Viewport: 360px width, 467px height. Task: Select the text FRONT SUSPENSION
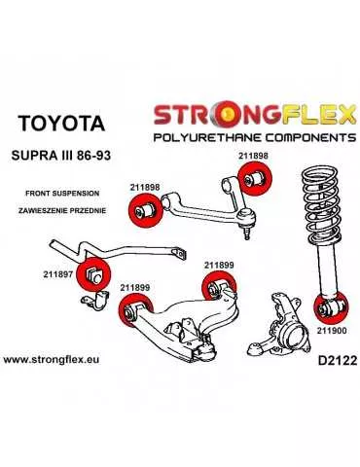[x=51, y=192]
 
